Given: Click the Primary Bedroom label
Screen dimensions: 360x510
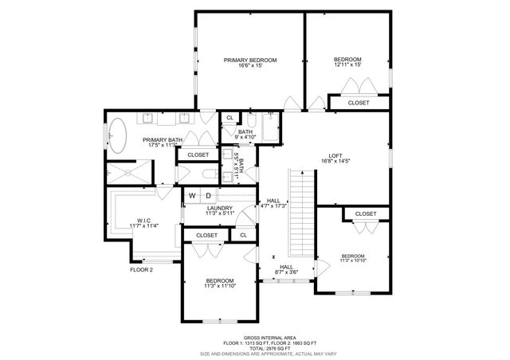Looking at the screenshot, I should (250, 60).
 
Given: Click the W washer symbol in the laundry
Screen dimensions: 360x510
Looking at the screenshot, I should (191, 195).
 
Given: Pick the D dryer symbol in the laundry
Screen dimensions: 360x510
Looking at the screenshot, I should (209, 195).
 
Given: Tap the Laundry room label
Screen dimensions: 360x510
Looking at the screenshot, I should (218, 208).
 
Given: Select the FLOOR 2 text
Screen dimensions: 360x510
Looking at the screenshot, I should (141, 269).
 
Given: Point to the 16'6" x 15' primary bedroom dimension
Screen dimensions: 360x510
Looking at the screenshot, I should (250, 66).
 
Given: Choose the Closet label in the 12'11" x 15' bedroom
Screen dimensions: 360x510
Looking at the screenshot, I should (359, 103).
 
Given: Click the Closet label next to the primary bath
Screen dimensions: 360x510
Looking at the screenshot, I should (198, 155).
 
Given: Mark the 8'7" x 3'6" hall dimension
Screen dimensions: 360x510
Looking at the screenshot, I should (286, 273).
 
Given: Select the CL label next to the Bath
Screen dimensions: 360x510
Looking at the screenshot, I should (229, 118).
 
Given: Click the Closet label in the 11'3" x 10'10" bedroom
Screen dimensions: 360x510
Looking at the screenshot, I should (365, 213).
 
